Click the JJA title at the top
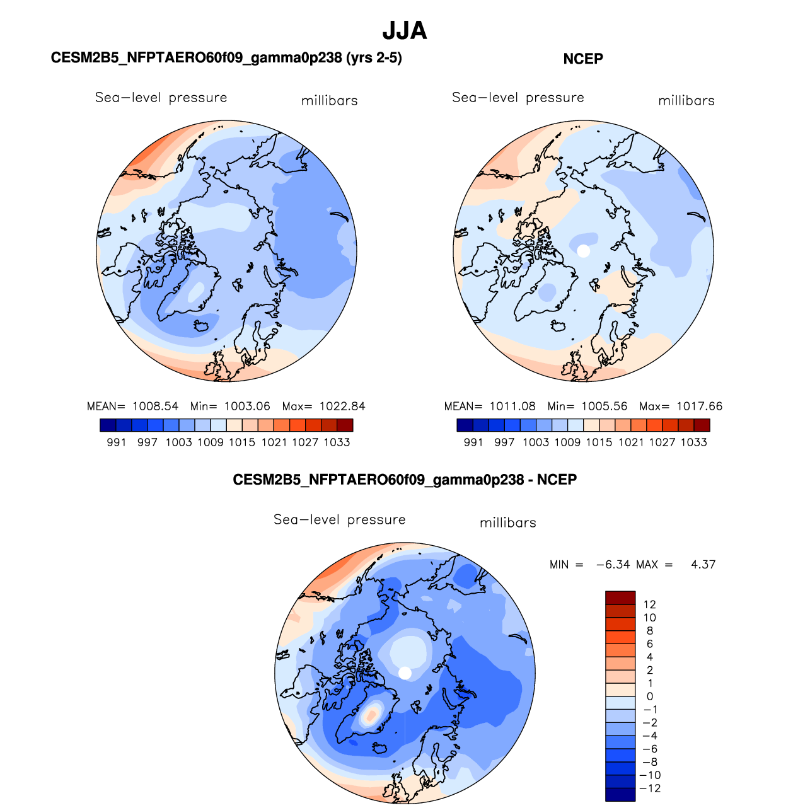(x=404, y=31)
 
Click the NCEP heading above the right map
(x=582, y=59)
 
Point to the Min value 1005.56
(x=605, y=406)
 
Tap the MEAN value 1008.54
(x=156, y=406)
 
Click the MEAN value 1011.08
(x=512, y=406)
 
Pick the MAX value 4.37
(x=703, y=564)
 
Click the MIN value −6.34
(x=613, y=564)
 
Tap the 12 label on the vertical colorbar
(x=649, y=604)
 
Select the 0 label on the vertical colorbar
(x=650, y=696)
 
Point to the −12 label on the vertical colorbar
(x=650, y=788)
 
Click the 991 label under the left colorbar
(x=117, y=442)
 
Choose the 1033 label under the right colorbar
(x=694, y=442)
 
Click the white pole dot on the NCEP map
(x=584, y=251)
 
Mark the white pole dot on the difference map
(x=405, y=673)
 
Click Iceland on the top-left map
(x=201, y=325)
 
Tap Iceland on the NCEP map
(x=558, y=325)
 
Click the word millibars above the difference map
(x=508, y=522)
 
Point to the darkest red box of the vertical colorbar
(x=620, y=597)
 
